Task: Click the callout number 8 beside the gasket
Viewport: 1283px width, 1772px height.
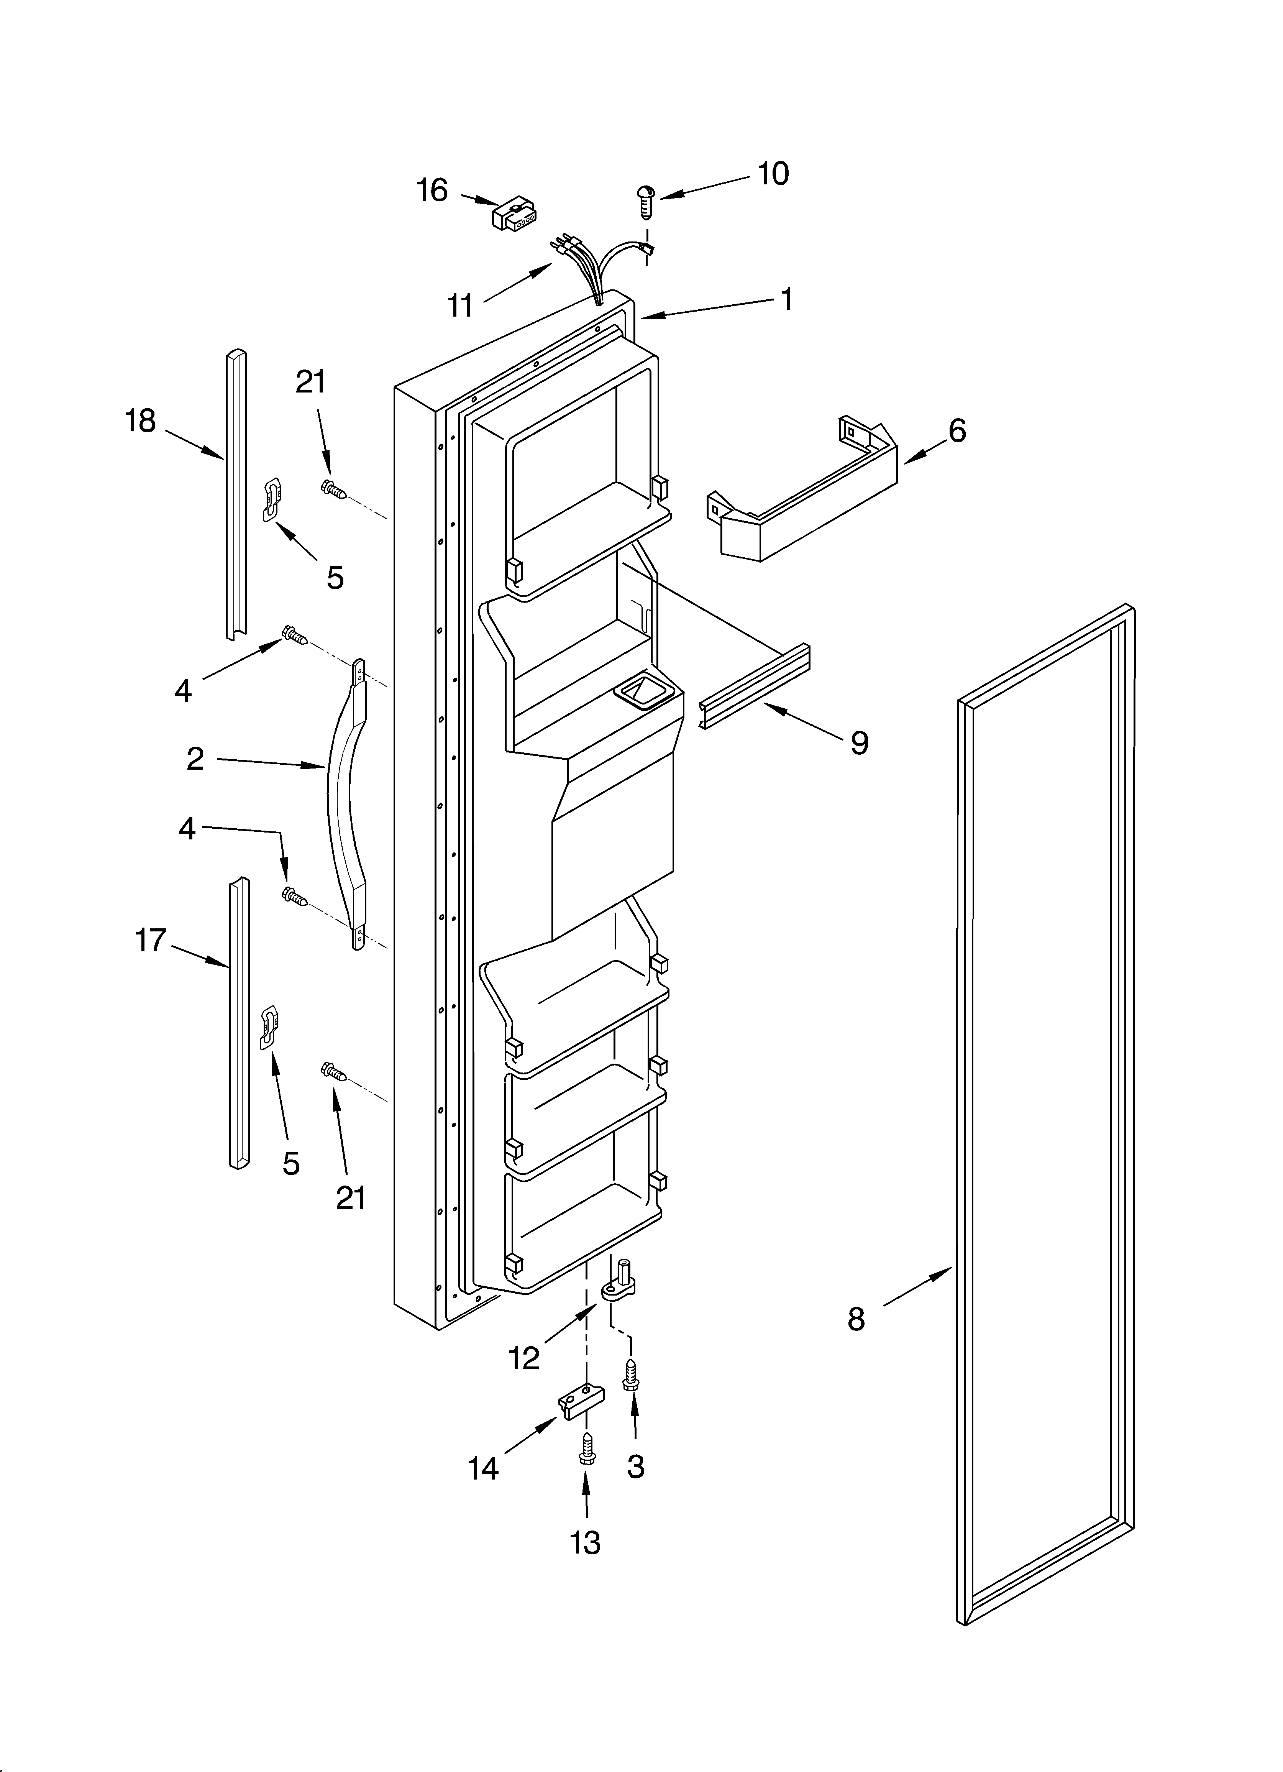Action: [856, 1319]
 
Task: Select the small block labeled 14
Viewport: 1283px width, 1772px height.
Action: [582, 1404]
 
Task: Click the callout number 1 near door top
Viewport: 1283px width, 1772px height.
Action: [787, 299]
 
